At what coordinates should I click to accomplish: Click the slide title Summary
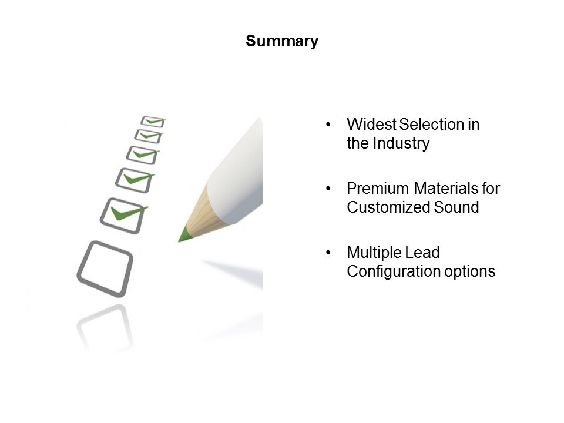coord(282,41)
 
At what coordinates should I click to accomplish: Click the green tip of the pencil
coord(184,234)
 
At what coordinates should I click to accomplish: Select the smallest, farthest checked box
coord(153,122)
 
